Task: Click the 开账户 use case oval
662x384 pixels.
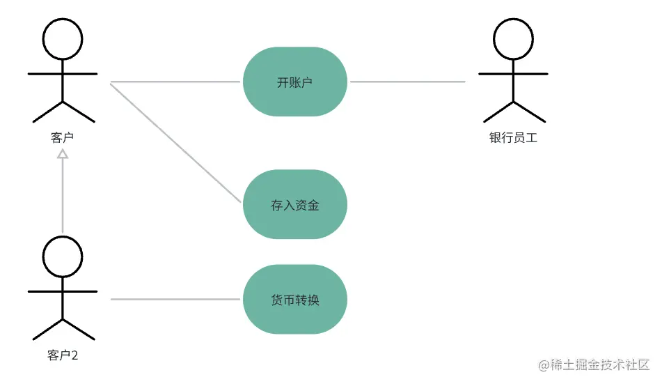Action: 294,82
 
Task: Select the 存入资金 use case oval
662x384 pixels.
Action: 294,205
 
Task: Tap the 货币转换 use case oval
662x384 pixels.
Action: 294,300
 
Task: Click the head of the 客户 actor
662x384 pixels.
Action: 63,38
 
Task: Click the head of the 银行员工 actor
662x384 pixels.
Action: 514,38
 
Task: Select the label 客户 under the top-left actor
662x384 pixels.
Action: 63,137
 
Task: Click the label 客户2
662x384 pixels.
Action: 63,355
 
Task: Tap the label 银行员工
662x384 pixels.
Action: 514,137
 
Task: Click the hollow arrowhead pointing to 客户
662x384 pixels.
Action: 63,155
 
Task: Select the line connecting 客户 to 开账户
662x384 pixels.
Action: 174,82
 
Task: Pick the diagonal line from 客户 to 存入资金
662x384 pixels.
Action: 174,141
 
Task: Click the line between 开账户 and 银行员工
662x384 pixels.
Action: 407,82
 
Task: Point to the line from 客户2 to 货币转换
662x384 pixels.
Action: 174,300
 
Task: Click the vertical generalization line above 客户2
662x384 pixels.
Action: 63,195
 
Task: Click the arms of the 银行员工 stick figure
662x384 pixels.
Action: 514,73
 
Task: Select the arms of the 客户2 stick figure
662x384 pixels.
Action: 63,291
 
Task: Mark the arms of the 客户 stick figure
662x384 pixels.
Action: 63,73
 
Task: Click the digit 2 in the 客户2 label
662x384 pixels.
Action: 74,355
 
